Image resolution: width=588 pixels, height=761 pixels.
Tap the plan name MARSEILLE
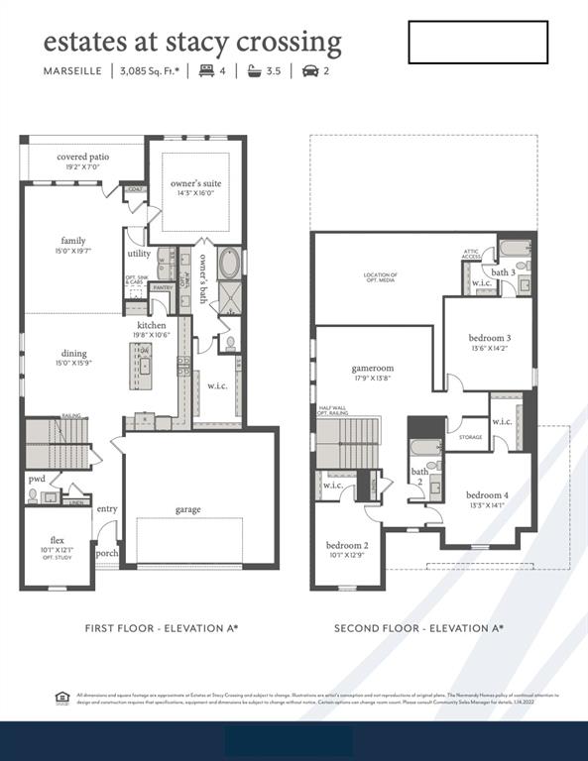(x=72, y=71)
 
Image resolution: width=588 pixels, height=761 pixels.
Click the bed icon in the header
(x=207, y=71)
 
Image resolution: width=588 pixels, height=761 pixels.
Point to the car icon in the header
(x=309, y=71)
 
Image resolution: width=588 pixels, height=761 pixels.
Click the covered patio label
(x=83, y=157)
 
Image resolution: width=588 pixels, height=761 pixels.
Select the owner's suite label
(x=195, y=184)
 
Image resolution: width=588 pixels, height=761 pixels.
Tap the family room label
(x=72, y=241)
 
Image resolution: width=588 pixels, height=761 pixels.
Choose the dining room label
(x=73, y=353)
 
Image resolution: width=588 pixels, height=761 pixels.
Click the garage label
(x=188, y=509)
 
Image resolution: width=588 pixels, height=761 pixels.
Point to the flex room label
(x=58, y=541)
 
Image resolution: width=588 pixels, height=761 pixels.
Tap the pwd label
(x=36, y=478)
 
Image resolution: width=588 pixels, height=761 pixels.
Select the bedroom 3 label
(x=490, y=338)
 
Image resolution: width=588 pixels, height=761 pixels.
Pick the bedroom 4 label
(x=487, y=494)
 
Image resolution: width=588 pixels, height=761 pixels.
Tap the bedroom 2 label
(x=347, y=545)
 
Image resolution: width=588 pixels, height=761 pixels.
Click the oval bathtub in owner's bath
(x=229, y=264)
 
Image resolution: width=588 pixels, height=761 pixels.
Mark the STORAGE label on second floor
(x=470, y=436)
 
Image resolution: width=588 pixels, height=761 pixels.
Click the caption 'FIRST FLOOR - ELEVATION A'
(x=161, y=628)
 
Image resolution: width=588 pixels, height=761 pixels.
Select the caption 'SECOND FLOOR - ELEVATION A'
(x=418, y=628)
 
